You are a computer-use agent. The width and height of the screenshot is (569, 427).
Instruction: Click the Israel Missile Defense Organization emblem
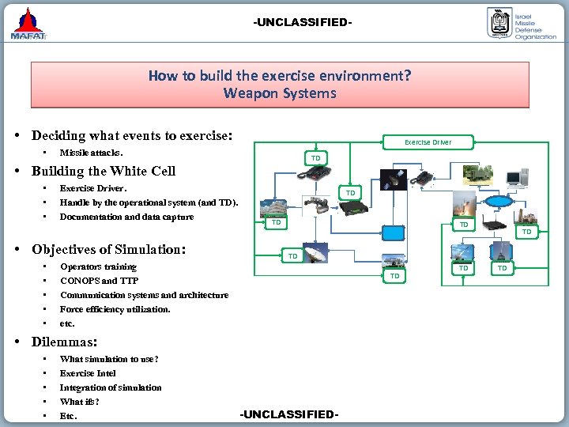499,24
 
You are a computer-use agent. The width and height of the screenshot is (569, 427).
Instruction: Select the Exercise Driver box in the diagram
428,142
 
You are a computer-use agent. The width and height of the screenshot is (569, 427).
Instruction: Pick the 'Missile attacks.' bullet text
91,153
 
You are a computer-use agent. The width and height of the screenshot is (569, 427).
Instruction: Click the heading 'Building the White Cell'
104,171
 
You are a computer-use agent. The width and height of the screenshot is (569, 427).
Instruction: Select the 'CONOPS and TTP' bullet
99,281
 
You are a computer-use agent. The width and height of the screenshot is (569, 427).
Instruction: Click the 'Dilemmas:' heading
64,342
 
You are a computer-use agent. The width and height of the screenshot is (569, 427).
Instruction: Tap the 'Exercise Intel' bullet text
88,373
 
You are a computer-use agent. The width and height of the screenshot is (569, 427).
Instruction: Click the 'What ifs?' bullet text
79,402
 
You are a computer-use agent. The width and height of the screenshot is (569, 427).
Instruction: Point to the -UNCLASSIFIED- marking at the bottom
289,414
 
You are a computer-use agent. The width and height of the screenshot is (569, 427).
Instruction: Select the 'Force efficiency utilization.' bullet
115,309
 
